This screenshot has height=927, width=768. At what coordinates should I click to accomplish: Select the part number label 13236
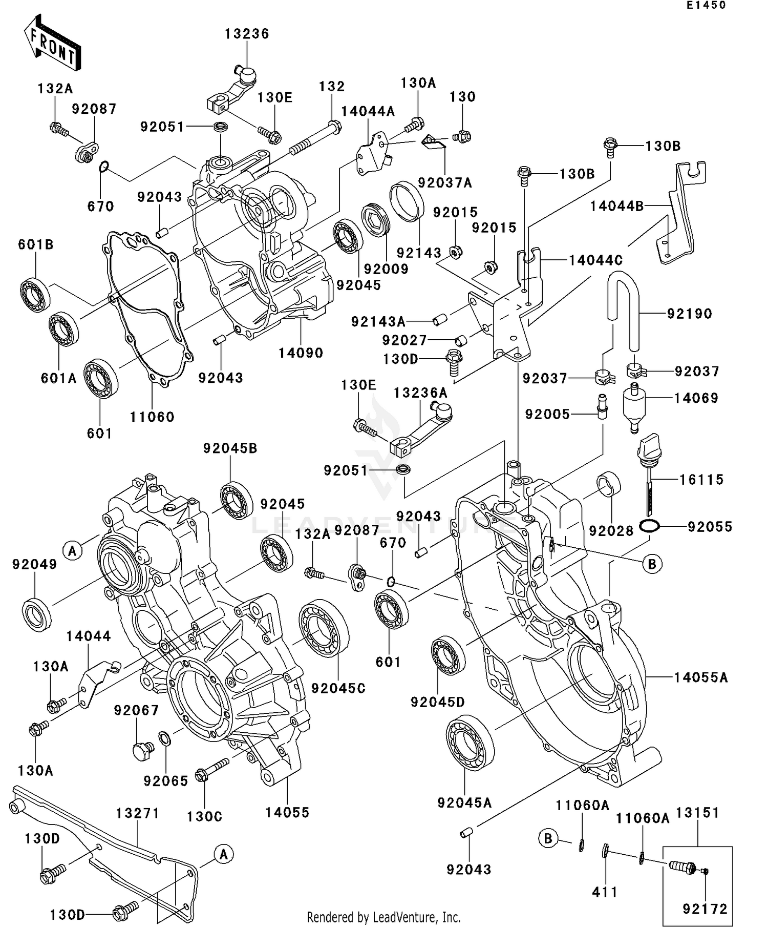(x=247, y=34)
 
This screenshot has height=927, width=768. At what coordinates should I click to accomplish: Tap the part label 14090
(x=301, y=353)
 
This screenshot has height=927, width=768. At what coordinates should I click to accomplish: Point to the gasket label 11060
(x=152, y=417)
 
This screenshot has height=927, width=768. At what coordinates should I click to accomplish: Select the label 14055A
(x=700, y=677)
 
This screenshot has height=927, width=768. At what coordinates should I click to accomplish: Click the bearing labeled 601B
(x=35, y=295)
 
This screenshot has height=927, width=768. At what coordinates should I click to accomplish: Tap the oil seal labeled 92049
(x=37, y=614)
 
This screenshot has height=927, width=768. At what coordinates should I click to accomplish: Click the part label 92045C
(x=338, y=688)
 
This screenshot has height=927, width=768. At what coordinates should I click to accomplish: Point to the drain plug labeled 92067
(x=141, y=751)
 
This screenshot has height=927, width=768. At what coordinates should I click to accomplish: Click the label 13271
(x=138, y=813)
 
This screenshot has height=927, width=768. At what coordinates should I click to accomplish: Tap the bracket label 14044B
(x=616, y=206)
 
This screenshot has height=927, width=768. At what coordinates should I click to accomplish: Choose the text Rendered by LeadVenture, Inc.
(x=383, y=917)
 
